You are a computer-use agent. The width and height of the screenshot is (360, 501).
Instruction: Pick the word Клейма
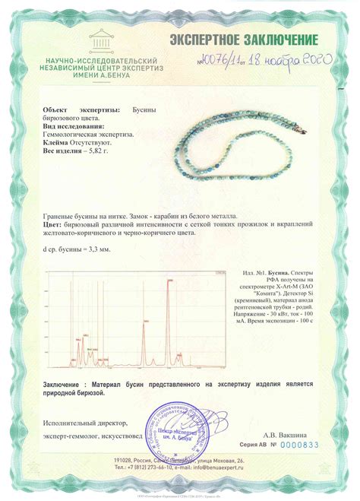pos(55,141)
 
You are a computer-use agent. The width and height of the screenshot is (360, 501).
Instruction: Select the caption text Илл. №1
pos(255,272)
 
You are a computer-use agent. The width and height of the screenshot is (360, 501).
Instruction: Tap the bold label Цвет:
pos(52,225)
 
